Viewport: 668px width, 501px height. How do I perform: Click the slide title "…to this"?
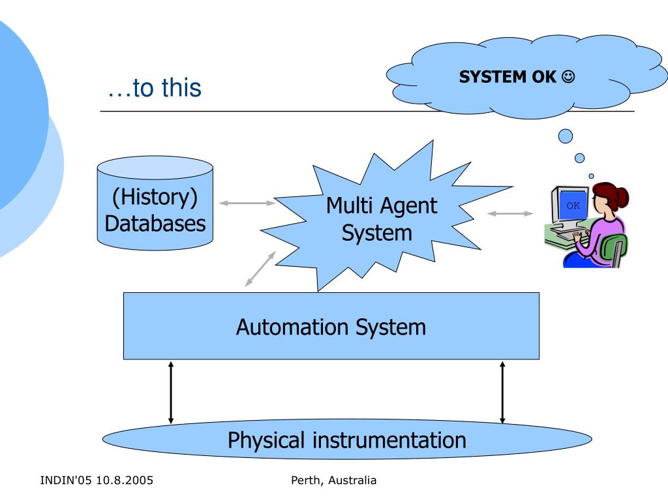click(155, 88)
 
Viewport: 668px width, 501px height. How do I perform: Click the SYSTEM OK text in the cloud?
click(508, 77)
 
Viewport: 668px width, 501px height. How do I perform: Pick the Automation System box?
click(331, 326)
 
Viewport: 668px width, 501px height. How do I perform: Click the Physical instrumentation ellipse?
click(346, 440)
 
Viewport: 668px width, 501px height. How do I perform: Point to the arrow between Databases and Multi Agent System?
click(247, 203)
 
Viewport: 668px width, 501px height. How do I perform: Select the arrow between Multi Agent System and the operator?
click(510, 213)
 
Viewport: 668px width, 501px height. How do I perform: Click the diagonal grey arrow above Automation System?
click(260, 269)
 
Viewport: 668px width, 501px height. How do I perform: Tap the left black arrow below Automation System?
click(171, 392)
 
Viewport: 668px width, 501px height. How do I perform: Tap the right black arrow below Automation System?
click(502, 392)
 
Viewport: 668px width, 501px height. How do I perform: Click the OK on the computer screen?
click(573, 205)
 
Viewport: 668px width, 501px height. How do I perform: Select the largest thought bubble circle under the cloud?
click(566, 136)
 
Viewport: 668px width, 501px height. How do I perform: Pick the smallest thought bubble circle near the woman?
click(591, 175)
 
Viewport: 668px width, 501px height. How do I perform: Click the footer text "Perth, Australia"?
click(334, 481)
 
